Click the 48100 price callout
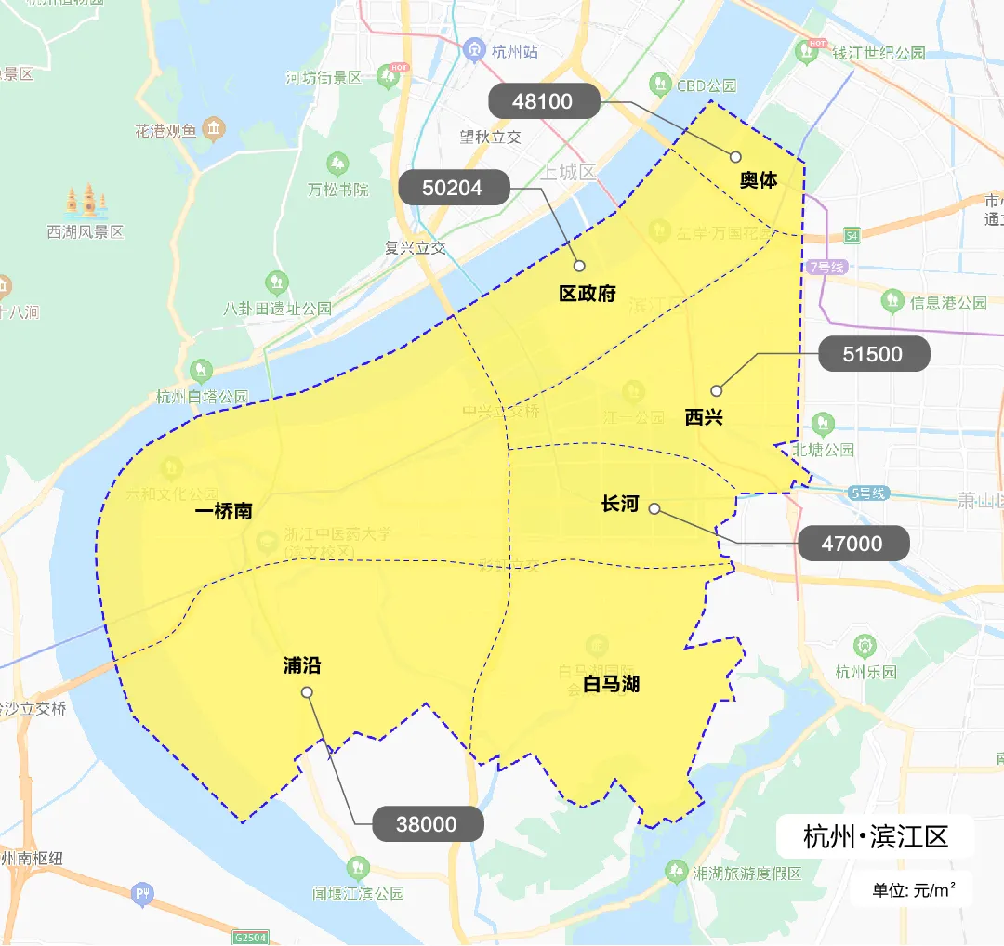click(543, 101)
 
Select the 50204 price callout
click(454, 188)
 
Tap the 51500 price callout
click(873, 354)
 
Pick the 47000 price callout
click(852, 543)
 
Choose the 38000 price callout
click(428, 824)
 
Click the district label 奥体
click(759, 180)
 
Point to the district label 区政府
click(588, 294)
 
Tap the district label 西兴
click(704, 417)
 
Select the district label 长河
click(620, 504)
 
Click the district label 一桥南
click(223, 512)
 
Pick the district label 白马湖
click(611, 685)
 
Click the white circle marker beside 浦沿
click(307, 692)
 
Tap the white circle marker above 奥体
click(735, 157)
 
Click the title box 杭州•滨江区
click(875, 836)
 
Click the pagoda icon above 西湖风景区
click(86, 199)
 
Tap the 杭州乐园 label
click(865, 672)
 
